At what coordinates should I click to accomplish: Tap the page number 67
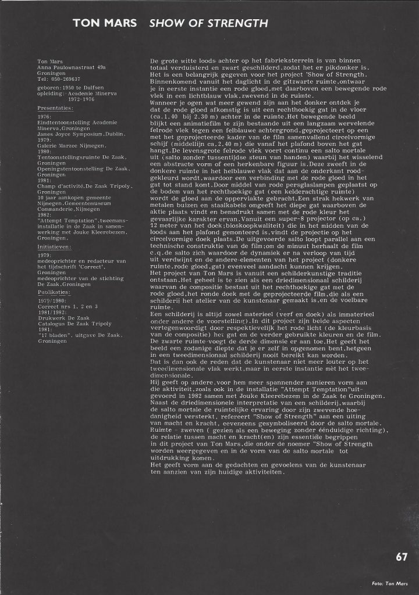point(402,557)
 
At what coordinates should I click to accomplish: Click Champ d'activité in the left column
point(62,184)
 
